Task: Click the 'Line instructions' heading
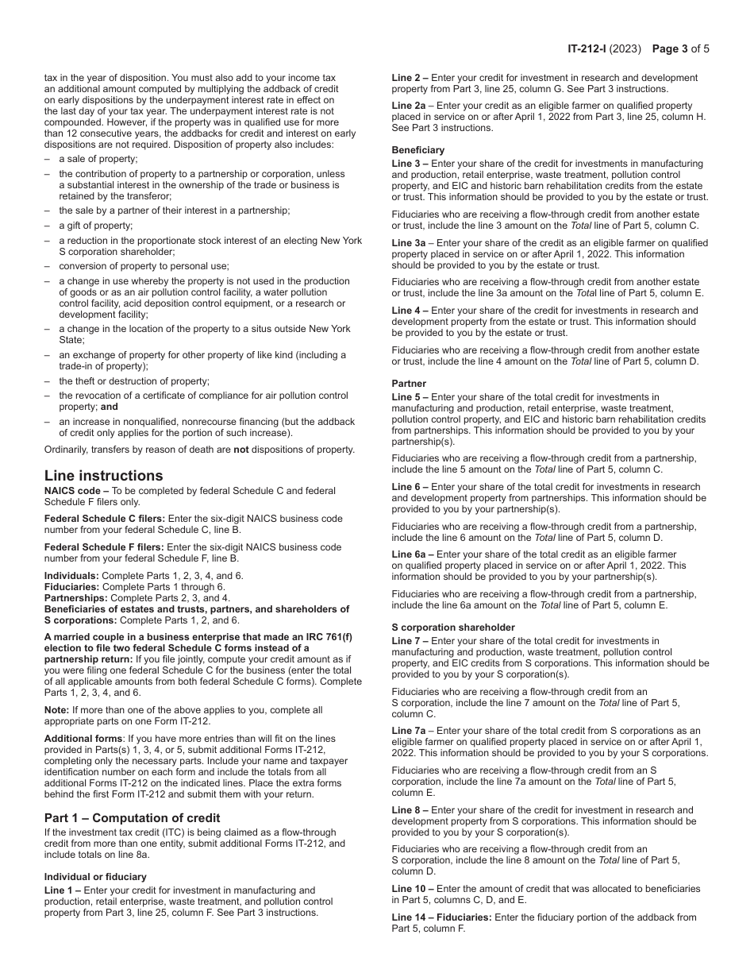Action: click(x=103, y=476)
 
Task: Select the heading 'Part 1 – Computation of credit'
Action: click(x=132, y=818)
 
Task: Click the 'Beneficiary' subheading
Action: click(x=417, y=150)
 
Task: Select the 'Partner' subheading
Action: click(x=410, y=384)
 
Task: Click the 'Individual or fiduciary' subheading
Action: click(x=95, y=877)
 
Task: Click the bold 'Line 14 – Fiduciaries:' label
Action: click(x=441, y=917)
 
